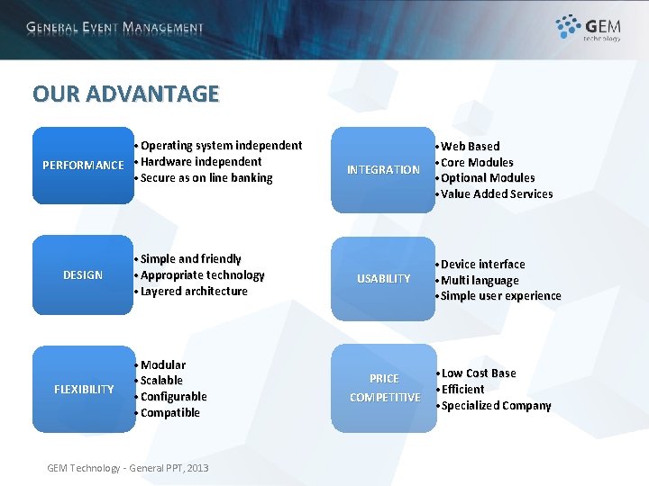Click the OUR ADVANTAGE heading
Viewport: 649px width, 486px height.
(x=125, y=94)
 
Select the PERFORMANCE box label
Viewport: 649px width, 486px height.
(x=83, y=165)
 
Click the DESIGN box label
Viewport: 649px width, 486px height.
(x=83, y=274)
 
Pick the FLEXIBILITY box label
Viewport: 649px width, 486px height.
(x=84, y=389)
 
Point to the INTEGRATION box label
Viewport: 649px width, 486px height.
(x=383, y=169)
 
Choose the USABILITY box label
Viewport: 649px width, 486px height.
(x=383, y=279)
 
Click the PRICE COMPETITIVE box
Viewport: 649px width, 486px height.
(x=384, y=388)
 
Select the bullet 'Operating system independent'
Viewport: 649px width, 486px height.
(x=221, y=145)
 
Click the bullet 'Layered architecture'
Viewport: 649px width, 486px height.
(x=194, y=292)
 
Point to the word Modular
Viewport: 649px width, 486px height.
(x=163, y=364)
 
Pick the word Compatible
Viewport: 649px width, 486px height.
(x=170, y=413)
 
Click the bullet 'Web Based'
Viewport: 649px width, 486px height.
(x=470, y=146)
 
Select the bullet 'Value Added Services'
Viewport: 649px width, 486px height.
(x=497, y=194)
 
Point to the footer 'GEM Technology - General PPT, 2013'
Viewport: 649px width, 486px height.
(x=127, y=468)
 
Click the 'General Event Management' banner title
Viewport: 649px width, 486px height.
(x=115, y=28)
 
